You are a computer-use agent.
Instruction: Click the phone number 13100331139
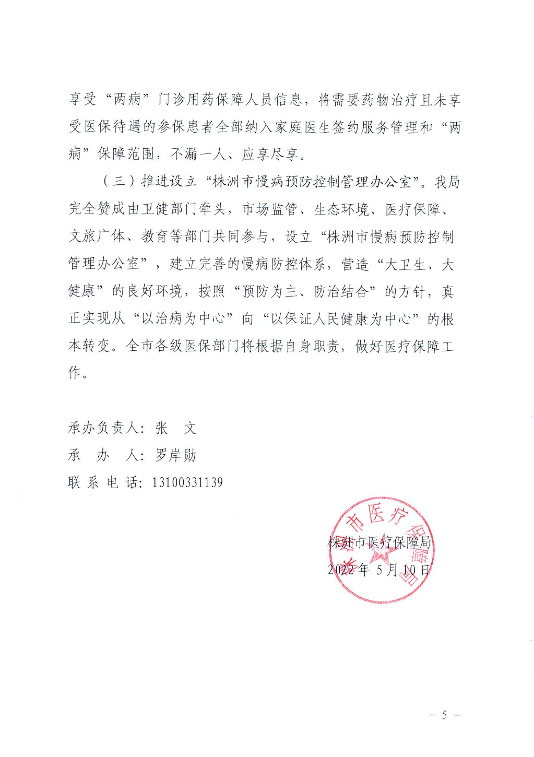(187, 482)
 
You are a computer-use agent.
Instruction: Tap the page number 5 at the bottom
(444, 715)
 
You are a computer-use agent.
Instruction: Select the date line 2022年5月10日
(379, 570)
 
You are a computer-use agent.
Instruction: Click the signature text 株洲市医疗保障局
(379, 542)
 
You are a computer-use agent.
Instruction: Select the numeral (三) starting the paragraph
(118, 182)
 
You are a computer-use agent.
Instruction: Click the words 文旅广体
(97, 236)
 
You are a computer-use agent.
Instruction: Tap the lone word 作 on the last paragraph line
(74, 372)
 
